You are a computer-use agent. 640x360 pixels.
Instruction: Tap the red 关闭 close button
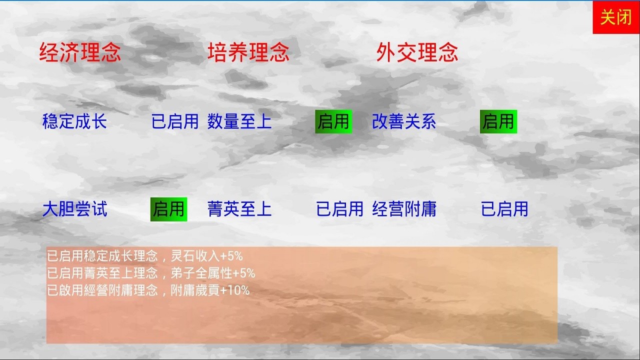[616, 17]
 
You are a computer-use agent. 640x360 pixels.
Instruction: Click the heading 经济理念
[80, 52]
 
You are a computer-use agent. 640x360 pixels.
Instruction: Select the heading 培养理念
[248, 52]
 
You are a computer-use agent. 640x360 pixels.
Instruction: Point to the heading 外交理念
[417, 52]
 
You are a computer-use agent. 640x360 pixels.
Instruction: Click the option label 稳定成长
[74, 121]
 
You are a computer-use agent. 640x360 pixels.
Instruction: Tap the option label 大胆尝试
[75, 209]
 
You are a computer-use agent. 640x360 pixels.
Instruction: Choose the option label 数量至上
[239, 121]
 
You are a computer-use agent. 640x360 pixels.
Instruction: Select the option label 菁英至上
[239, 209]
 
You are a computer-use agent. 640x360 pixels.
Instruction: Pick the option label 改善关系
[404, 121]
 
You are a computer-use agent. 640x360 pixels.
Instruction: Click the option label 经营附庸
[404, 209]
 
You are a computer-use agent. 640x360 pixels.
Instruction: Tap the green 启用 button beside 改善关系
[498, 121]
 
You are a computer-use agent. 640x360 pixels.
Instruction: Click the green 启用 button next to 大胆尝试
[169, 209]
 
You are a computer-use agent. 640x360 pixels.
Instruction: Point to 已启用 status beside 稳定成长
[175, 121]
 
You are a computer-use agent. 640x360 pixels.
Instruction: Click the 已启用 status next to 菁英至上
[339, 209]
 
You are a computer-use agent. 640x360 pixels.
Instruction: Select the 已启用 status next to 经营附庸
[504, 209]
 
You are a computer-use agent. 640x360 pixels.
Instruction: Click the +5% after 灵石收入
[231, 256]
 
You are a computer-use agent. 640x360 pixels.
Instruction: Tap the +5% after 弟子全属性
[243, 273]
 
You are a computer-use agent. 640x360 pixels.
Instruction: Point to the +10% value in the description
[235, 290]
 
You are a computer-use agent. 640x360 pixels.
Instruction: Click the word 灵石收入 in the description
[195, 256]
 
